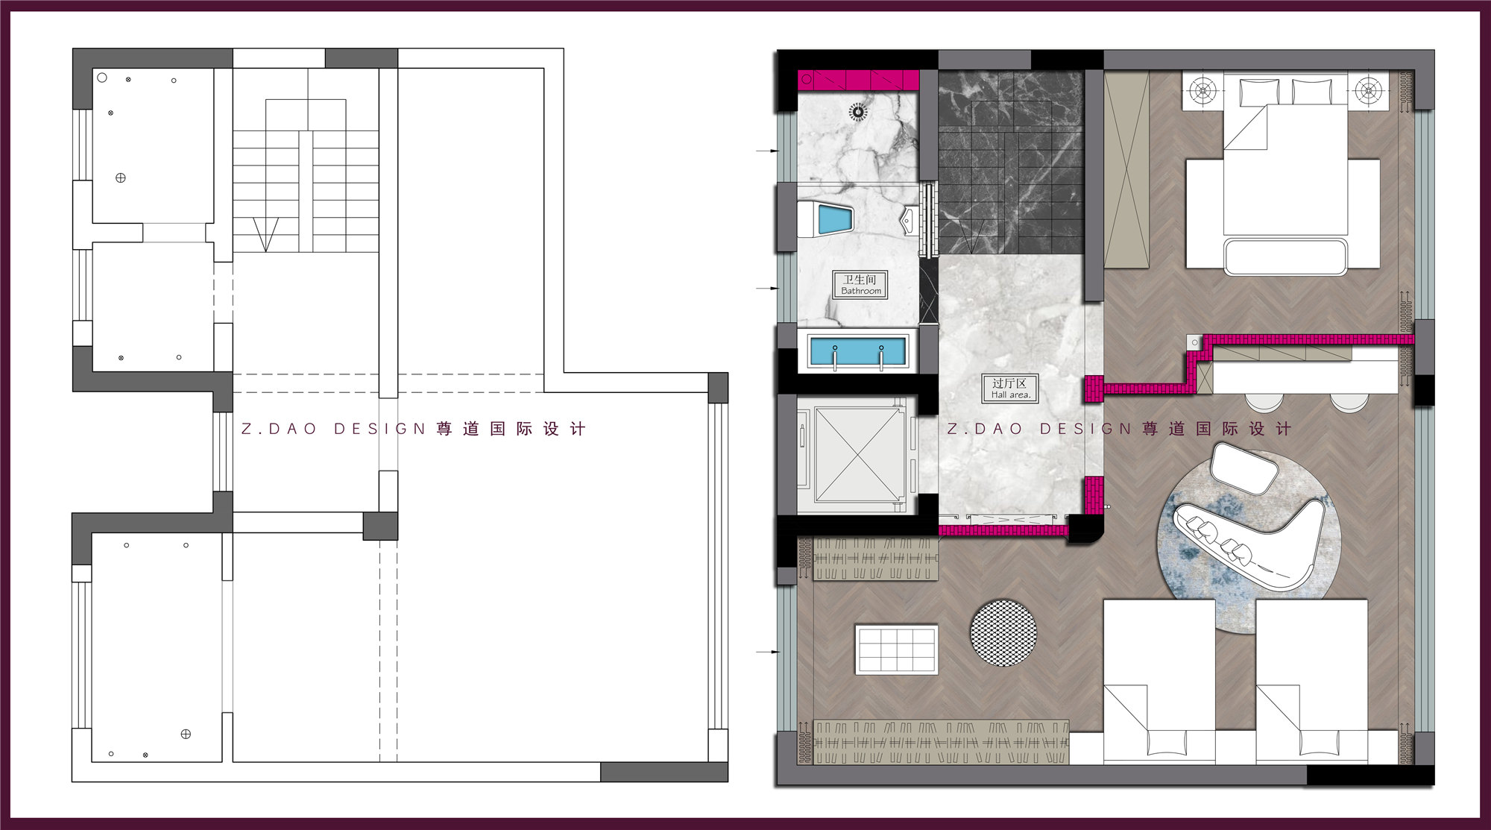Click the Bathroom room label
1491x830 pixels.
click(860, 285)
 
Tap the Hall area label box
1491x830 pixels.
click(1009, 389)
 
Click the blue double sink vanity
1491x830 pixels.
click(858, 351)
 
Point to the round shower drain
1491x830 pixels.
click(858, 113)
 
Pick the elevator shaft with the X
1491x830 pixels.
click(858, 454)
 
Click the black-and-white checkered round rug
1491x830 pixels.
click(1003, 632)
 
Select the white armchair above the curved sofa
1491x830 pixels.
click(1243, 468)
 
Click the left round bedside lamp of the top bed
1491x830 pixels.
click(1202, 92)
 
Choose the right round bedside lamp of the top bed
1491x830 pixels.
click(1368, 92)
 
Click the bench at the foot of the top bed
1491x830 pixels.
click(1285, 257)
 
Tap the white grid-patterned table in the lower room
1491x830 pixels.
click(896, 650)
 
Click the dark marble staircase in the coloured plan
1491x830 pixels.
click(1010, 163)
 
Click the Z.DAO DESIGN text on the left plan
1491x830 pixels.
click(333, 429)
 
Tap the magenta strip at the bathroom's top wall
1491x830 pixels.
click(858, 79)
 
